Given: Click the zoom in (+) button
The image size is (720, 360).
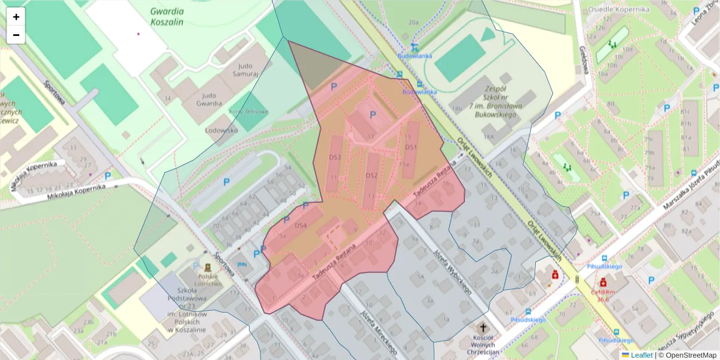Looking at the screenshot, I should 16,17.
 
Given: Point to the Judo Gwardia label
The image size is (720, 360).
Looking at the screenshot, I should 215,99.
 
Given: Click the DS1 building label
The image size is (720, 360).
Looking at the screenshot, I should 410,147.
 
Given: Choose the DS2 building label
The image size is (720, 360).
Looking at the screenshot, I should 371,175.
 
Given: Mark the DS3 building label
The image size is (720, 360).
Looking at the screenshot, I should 335,157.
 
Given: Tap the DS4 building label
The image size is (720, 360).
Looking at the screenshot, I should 301,226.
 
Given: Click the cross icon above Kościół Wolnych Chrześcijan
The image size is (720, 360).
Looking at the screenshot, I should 484,328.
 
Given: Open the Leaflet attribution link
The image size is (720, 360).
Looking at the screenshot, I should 641,355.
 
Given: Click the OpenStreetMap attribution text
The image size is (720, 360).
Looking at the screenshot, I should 687,355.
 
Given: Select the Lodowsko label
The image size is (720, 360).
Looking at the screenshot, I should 222,130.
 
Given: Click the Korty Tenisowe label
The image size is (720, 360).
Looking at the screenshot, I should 248,112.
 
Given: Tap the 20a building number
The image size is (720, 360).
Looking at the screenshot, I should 413,22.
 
